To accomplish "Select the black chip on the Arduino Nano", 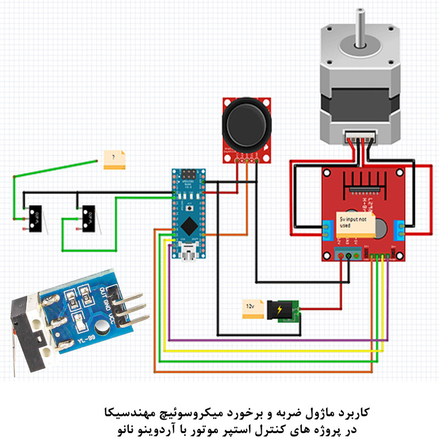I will (x=189, y=224).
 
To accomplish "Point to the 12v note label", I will (x=251, y=309).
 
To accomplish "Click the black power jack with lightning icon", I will (x=280, y=311).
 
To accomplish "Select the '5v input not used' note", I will (x=356, y=223).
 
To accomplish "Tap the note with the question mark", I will (x=115, y=159).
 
